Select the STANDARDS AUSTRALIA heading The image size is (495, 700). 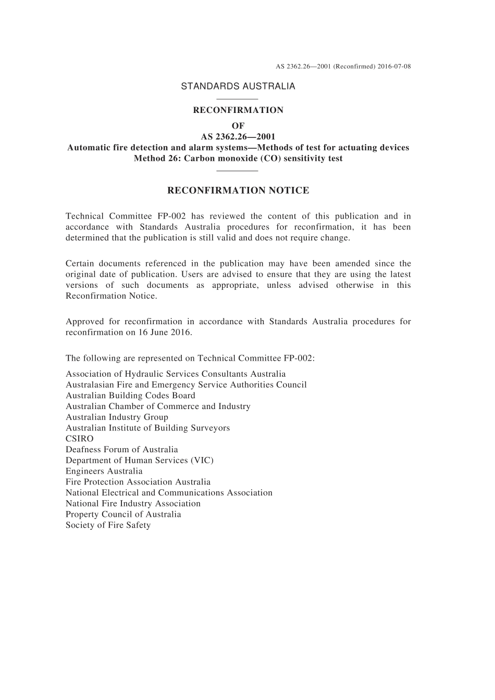(238, 86)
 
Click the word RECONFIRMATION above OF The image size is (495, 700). (238, 110)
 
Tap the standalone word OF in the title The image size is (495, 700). (238, 126)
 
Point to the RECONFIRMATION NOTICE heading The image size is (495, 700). (238, 190)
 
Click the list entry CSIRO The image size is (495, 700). (80, 439)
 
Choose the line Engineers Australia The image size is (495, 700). (104, 471)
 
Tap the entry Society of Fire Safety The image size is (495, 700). (108, 525)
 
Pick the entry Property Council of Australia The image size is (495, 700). (123, 514)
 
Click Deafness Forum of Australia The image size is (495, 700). (122, 450)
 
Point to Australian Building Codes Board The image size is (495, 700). (130, 396)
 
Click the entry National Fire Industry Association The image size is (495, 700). (133, 503)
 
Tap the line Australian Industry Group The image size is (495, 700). (117, 417)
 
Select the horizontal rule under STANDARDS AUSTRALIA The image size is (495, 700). (237, 99)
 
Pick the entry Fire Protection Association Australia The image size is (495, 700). (138, 482)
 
